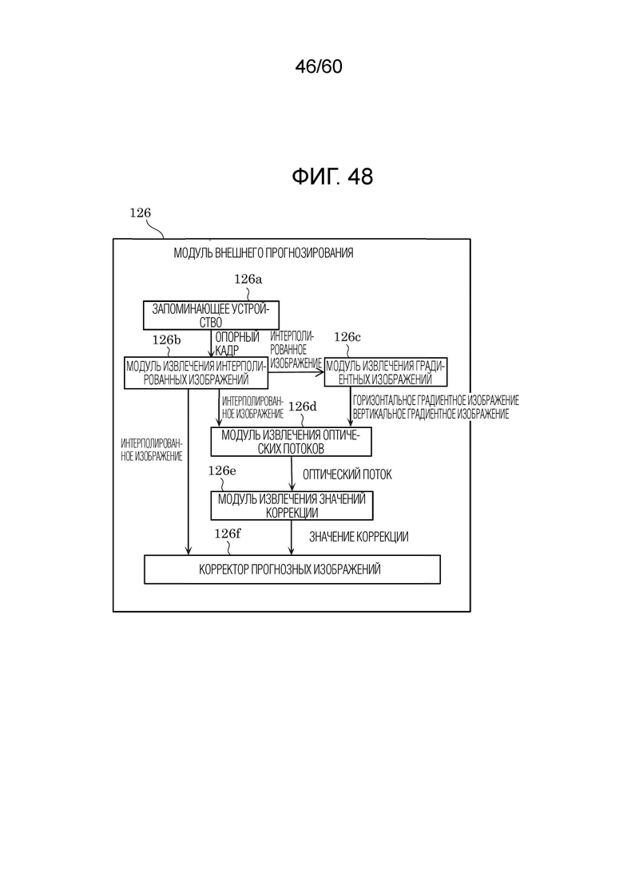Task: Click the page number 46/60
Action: click(x=319, y=67)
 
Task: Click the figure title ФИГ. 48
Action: click(x=332, y=177)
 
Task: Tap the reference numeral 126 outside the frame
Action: click(x=141, y=212)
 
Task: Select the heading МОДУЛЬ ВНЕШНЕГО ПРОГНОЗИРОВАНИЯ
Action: click(x=264, y=253)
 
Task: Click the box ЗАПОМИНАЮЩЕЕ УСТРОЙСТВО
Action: click(x=211, y=315)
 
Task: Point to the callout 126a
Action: click(x=248, y=279)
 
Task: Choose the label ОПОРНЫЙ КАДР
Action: click(x=237, y=343)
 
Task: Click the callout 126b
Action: click(x=167, y=340)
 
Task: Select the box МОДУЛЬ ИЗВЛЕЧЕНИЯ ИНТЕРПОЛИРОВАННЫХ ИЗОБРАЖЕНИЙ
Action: click(x=196, y=373)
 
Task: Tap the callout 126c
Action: click(x=347, y=337)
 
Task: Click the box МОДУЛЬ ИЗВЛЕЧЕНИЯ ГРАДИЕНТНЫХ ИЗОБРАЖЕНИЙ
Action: click(x=386, y=372)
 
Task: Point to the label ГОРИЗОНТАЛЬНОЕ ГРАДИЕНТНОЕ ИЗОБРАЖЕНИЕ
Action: click(x=436, y=401)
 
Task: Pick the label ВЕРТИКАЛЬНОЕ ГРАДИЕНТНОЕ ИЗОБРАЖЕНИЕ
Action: click(x=431, y=414)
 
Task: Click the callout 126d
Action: click(x=302, y=407)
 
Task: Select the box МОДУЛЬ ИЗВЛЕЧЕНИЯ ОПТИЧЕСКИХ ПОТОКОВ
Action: click(x=291, y=442)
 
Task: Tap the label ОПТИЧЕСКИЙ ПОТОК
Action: click(x=347, y=474)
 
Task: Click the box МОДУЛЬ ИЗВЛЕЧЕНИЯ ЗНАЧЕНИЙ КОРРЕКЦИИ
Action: click(x=292, y=506)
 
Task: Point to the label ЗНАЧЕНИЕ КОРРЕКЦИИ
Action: click(x=359, y=537)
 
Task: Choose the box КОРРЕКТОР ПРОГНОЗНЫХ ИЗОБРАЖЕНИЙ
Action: click(x=292, y=569)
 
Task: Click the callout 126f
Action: click(x=228, y=534)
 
